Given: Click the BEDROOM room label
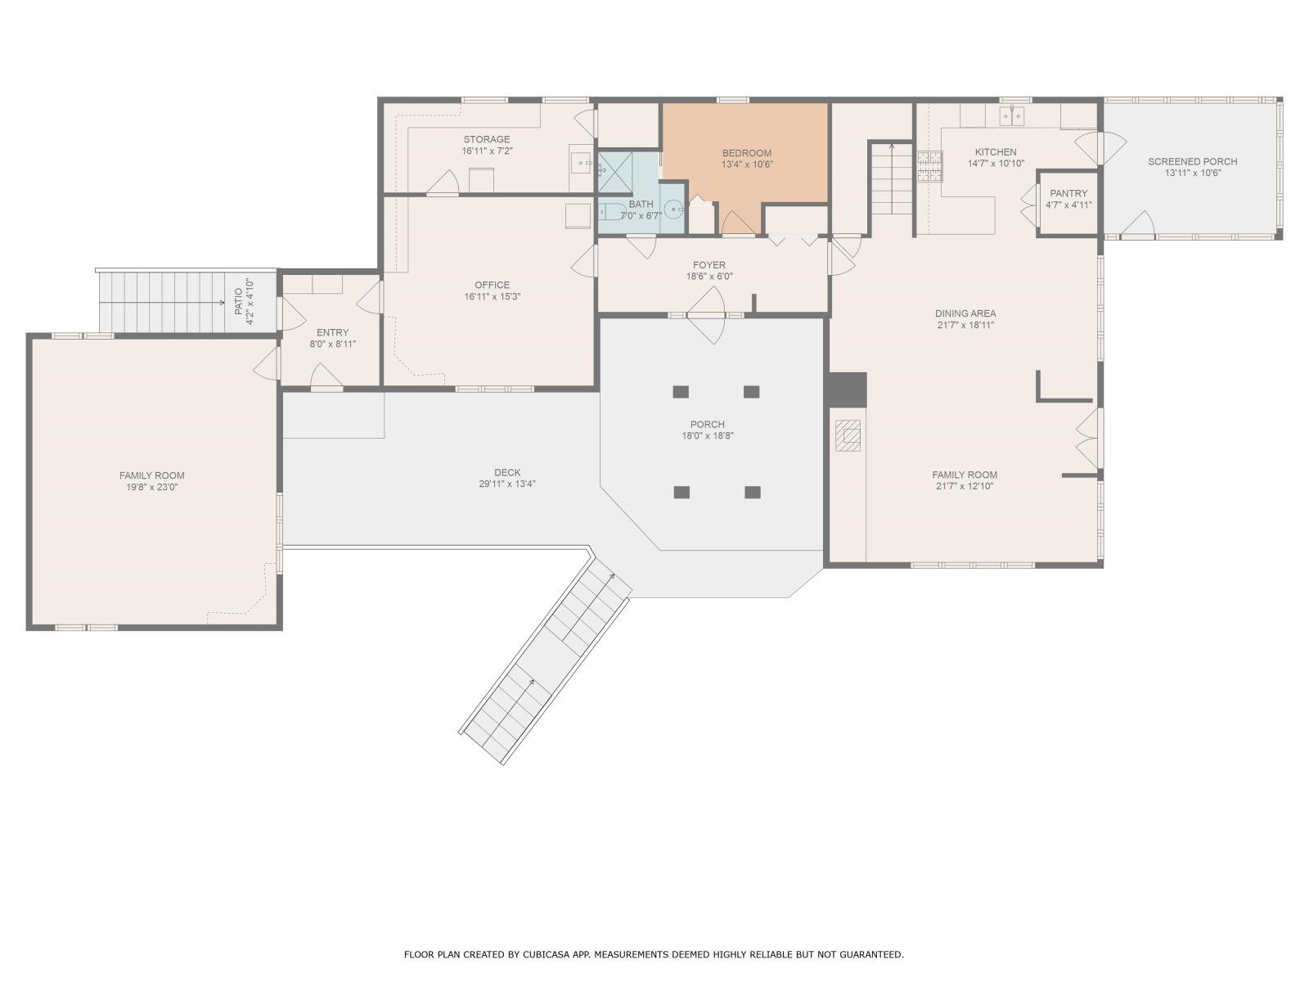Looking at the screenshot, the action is (747, 153).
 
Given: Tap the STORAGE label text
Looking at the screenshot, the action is (487, 139).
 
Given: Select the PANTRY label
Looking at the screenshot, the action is (1068, 193).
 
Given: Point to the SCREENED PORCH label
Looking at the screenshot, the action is (1193, 161).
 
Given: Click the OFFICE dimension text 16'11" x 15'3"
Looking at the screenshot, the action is (493, 296).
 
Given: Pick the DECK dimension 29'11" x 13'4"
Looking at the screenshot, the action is (507, 484).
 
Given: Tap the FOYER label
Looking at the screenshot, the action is (709, 264).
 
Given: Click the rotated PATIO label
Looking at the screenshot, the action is (239, 302).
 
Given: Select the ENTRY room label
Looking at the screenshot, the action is (333, 333).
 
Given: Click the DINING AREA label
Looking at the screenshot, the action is (965, 313).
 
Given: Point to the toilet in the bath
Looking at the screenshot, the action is (612, 211).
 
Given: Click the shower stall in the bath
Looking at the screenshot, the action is (615, 173).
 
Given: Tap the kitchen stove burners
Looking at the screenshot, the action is (929, 166).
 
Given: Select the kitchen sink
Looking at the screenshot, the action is (1013, 115).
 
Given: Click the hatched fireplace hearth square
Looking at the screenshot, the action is (848, 435).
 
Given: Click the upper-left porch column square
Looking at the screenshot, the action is (681, 392).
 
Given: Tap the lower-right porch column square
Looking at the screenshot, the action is (753, 492).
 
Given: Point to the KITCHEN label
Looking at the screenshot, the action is (996, 152).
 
